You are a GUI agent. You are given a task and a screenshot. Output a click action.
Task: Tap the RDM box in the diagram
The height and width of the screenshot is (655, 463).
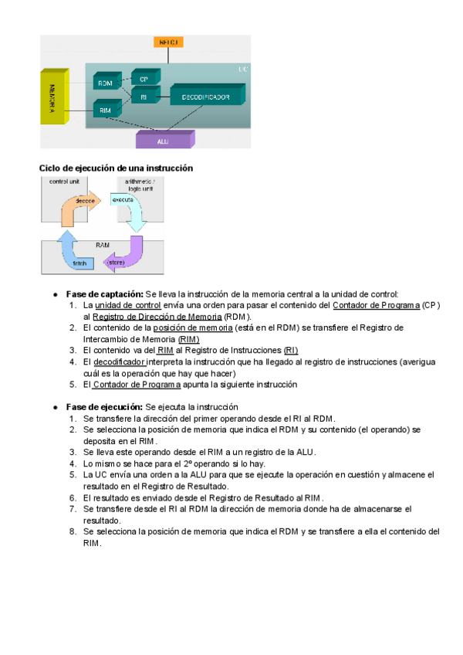pyautogui.click(x=104, y=83)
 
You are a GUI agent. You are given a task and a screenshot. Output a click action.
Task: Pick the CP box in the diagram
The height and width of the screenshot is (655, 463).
pyautogui.click(x=144, y=78)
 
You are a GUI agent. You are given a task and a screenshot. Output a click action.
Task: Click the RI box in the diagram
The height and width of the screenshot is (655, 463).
pyautogui.click(x=144, y=97)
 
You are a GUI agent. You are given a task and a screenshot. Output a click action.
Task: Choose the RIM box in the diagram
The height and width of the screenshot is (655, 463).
pyautogui.click(x=105, y=110)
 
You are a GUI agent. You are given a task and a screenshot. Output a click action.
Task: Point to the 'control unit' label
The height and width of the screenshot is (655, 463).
pyautogui.click(x=64, y=182)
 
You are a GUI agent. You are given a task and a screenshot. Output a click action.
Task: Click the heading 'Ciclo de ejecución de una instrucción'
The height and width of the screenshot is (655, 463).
pyautogui.click(x=116, y=168)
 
